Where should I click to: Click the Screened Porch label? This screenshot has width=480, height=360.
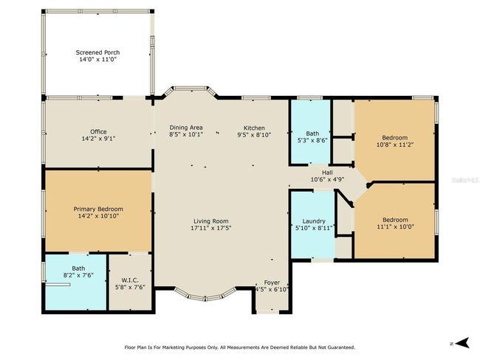[x=97, y=52]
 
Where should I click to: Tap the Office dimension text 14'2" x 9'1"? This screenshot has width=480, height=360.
[x=98, y=139]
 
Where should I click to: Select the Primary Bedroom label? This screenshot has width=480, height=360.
[x=98, y=209]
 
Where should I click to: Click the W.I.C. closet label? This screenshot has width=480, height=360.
[x=130, y=280]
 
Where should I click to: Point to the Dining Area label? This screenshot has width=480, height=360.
[x=186, y=128]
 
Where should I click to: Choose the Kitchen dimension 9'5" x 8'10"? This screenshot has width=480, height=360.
[x=254, y=134]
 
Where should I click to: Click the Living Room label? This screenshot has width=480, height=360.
[x=211, y=221]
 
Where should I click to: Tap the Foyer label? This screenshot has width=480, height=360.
[x=272, y=283]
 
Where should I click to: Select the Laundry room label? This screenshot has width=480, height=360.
[x=314, y=221]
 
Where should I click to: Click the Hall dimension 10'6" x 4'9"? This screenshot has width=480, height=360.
[x=328, y=179]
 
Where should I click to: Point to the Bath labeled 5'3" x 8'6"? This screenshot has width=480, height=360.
[x=312, y=134]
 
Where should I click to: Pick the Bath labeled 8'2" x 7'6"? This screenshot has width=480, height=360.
[x=78, y=269]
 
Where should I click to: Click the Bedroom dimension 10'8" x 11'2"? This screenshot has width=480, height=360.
[x=395, y=145]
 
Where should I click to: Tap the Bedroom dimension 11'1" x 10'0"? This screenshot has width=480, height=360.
[x=395, y=226]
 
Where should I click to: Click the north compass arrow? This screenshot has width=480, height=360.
[x=462, y=343]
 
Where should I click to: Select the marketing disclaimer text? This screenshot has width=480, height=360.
[x=240, y=347]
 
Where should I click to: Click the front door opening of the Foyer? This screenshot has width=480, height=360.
[x=267, y=311]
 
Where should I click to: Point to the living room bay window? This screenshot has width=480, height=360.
[x=205, y=296]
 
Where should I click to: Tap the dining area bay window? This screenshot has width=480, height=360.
[x=191, y=91]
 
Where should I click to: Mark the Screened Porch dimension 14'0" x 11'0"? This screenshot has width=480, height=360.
[x=98, y=59]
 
